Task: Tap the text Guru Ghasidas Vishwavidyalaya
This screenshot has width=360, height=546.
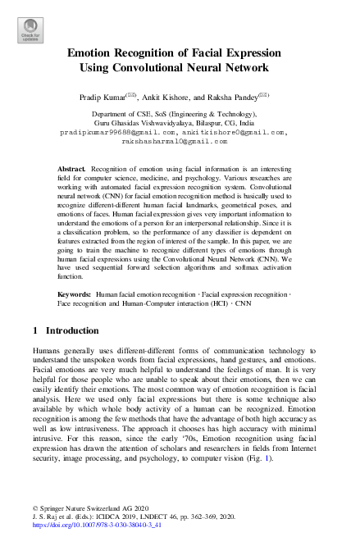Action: pos(137,122)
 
